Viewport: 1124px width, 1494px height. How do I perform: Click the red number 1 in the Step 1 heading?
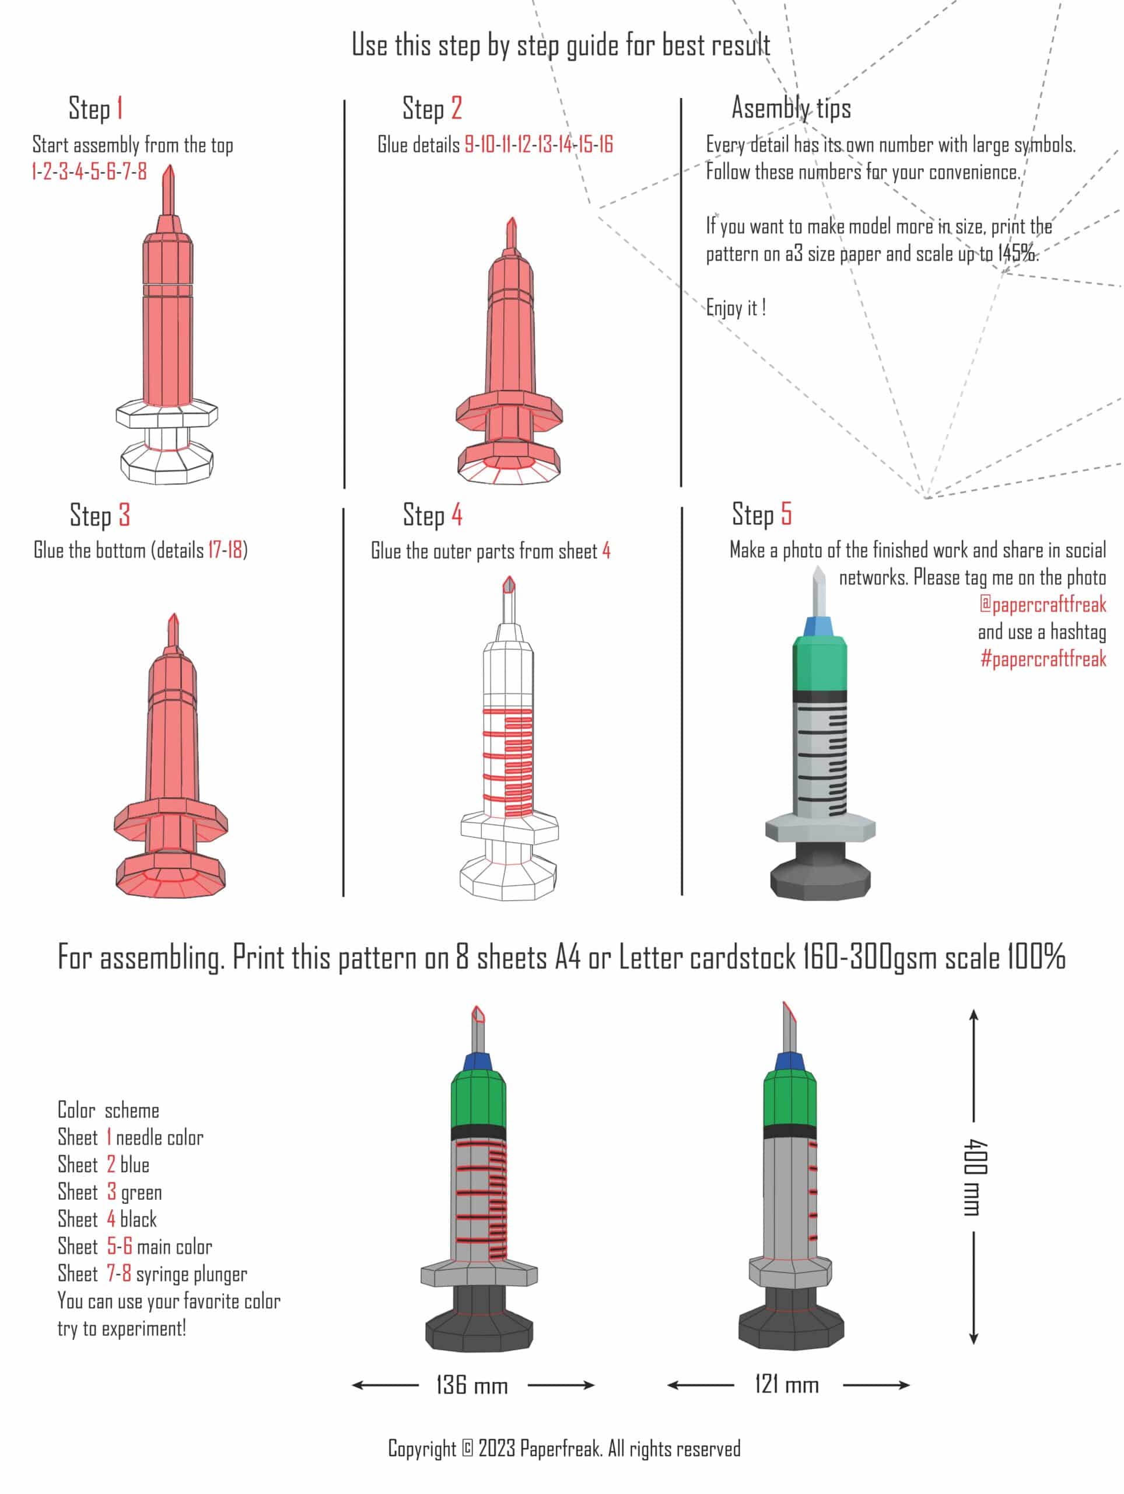120,108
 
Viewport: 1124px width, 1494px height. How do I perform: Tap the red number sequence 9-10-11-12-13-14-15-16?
539,145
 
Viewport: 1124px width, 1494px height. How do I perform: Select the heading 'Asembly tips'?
791,108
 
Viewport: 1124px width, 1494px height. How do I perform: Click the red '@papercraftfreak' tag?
1043,604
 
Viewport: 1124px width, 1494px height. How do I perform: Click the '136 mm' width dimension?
472,1385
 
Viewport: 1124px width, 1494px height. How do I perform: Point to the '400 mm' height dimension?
975,1177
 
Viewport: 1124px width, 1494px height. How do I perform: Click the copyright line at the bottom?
565,1448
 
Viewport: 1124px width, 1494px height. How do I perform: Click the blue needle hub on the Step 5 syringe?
819,626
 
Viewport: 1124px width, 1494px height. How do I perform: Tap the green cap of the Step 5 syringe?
820,665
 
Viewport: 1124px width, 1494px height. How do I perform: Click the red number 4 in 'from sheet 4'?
606,550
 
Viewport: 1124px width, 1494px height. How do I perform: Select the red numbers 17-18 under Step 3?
225,550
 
